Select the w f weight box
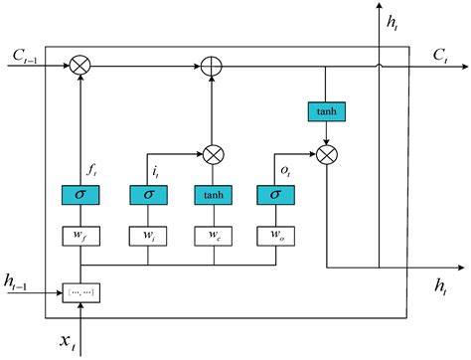click(80, 237)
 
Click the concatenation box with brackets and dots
click(80, 292)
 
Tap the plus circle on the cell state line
click(211, 66)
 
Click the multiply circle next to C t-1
click(80, 66)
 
